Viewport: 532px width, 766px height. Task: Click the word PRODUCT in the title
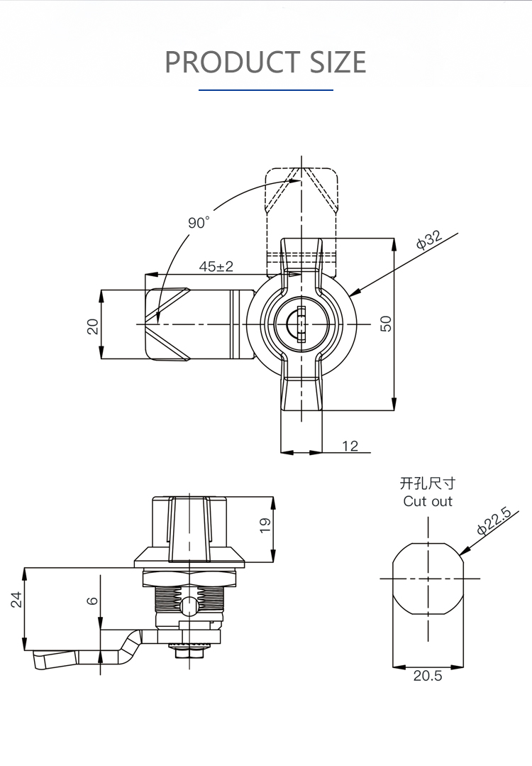tap(233, 62)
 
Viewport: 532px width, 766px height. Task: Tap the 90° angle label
tap(199, 222)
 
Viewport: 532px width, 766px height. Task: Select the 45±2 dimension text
tap(216, 266)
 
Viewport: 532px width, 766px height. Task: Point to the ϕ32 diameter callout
tap(429, 240)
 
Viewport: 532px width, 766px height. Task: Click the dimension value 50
tap(386, 324)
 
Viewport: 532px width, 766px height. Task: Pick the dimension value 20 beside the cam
tap(93, 326)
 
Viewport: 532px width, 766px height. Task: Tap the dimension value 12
tap(350, 446)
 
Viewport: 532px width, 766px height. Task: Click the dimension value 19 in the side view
tap(265, 525)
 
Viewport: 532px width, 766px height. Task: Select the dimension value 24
tap(16, 599)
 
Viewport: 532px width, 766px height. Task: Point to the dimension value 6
tap(92, 601)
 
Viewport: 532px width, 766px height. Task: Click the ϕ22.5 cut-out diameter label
tap(494, 521)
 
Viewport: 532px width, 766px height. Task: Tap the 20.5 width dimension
tap(428, 676)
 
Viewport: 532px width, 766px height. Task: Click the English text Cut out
tap(428, 501)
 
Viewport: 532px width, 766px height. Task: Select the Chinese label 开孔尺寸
tap(428, 483)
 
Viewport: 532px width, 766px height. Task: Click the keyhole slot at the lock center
tap(301, 324)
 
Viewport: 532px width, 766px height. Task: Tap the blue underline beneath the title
tap(266, 90)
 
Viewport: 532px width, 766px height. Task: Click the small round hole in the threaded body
tap(188, 607)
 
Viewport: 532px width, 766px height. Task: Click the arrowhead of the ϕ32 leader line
tap(355, 292)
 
